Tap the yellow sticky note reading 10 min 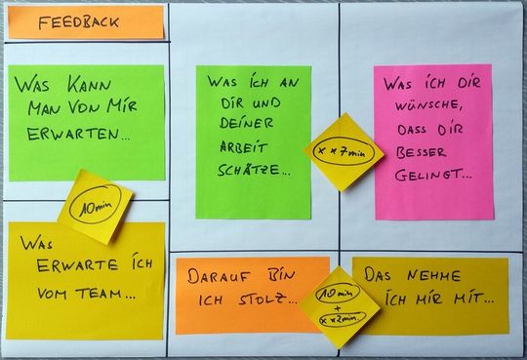(94, 206)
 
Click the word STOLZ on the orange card (266, 297)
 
